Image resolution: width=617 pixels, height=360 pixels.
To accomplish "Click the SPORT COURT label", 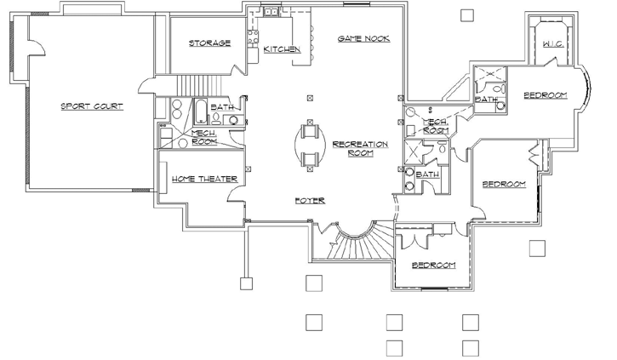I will pyautogui.click(x=91, y=106).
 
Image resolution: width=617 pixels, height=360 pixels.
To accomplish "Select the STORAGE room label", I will pyautogui.click(x=209, y=43).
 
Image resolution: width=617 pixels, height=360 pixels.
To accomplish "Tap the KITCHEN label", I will pyautogui.click(x=282, y=49).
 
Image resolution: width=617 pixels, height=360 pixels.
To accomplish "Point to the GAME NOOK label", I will pyautogui.click(x=363, y=39).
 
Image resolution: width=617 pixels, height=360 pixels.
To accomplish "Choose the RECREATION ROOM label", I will pyautogui.click(x=360, y=148).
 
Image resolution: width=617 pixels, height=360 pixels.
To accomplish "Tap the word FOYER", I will pyautogui.click(x=310, y=201).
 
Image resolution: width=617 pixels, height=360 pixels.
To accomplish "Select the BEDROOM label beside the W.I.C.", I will pyautogui.click(x=545, y=94).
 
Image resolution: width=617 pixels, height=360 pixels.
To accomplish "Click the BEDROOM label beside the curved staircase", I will pyautogui.click(x=434, y=265).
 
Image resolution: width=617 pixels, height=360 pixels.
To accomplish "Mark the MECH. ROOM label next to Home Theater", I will pyautogui.click(x=204, y=137).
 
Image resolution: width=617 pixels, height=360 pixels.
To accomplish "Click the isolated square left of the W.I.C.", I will pyautogui.click(x=466, y=14).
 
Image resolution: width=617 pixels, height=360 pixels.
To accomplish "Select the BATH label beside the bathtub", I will pyautogui.click(x=222, y=107).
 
